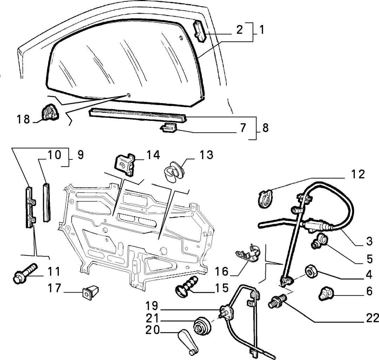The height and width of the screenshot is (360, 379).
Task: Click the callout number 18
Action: click(x=23, y=119)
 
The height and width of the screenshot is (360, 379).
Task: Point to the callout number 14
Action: click(x=153, y=155)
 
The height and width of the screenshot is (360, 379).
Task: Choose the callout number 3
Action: click(x=369, y=241)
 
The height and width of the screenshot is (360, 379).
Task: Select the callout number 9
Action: click(x=80, y=155)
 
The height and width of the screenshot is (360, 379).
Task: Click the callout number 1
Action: click(x=261, y=30)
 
